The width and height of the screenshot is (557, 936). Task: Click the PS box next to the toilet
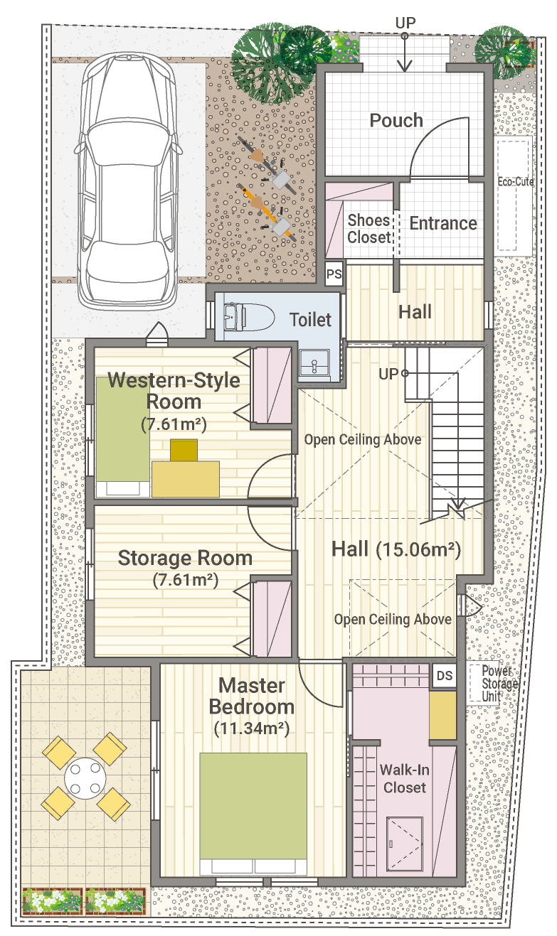point(334,274)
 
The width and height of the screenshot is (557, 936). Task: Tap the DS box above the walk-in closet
point(444,676)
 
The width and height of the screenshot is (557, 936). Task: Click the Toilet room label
point(310,320)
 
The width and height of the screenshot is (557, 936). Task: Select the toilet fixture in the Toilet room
point(249,317)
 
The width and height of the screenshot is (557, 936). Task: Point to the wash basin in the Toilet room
point(314,362)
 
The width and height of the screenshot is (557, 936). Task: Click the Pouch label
point(396,120)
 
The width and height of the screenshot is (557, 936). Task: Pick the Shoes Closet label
point(368,229)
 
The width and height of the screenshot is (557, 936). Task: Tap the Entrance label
point(443,223)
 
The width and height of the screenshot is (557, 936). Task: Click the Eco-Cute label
point(516,182)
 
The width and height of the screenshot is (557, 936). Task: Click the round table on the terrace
point(85,778)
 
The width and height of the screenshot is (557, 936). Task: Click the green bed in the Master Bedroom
point(253,814)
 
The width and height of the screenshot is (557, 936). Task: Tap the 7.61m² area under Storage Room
point(185,581)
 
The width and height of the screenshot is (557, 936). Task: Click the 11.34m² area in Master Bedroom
point(252,728)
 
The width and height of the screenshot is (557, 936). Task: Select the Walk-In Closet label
point(404,779)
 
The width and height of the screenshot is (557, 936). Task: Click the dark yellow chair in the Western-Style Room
point(184,450)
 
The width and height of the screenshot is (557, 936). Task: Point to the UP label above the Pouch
point(405,23)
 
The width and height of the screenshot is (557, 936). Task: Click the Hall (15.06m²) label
point(396,549)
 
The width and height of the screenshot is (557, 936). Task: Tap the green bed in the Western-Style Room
point(123,437)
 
